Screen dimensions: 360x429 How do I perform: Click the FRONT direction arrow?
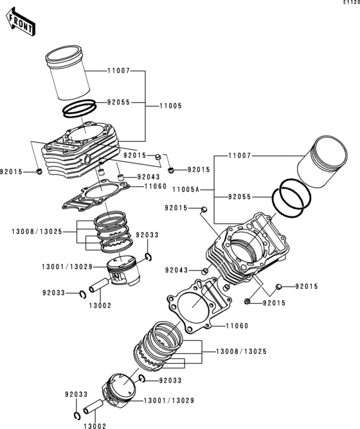coord(21,22)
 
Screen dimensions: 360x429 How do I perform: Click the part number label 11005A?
coord(186,189)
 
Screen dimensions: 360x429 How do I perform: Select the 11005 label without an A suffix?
coord(171,106)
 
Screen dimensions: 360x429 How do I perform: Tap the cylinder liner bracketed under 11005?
coord(67,73)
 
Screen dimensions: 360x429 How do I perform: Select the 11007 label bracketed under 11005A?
coord(240,156)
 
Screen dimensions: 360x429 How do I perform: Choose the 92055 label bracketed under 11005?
coord(119,103)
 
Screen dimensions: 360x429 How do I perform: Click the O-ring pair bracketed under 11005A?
coord(291,198)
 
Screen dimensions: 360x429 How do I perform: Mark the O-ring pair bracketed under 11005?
coord(80,109)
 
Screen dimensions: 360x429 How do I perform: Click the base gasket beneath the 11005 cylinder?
coord(96,195)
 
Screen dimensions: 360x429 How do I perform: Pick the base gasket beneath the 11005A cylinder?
coord(199,304)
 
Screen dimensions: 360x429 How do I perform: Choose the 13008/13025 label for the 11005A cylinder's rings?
coord(241,351)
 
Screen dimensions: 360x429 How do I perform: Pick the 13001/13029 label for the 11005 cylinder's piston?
coord(67,267)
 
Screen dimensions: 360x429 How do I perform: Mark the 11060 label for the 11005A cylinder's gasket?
coord(237,326)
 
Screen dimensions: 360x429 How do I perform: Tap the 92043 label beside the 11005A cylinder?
coord(176,270)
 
